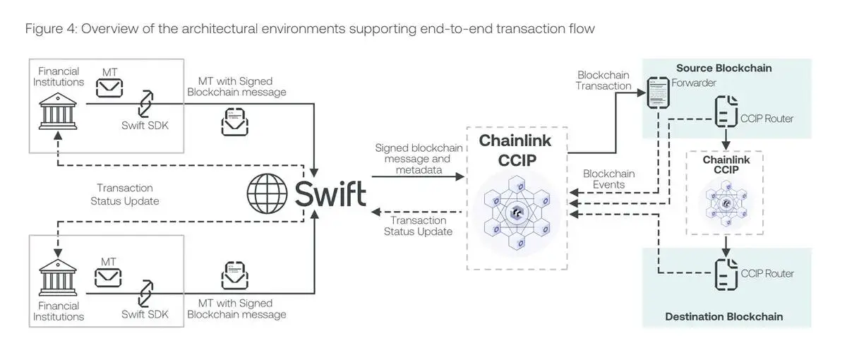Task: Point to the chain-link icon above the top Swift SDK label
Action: (x=145, y=103)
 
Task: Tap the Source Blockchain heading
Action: (x=723, y=68)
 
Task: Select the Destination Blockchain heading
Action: (x=723, y=316)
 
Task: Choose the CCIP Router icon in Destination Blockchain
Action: (x=725, y=273)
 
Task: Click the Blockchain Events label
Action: (x=608, y=179)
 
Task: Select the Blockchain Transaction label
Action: (x=603, y=80)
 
